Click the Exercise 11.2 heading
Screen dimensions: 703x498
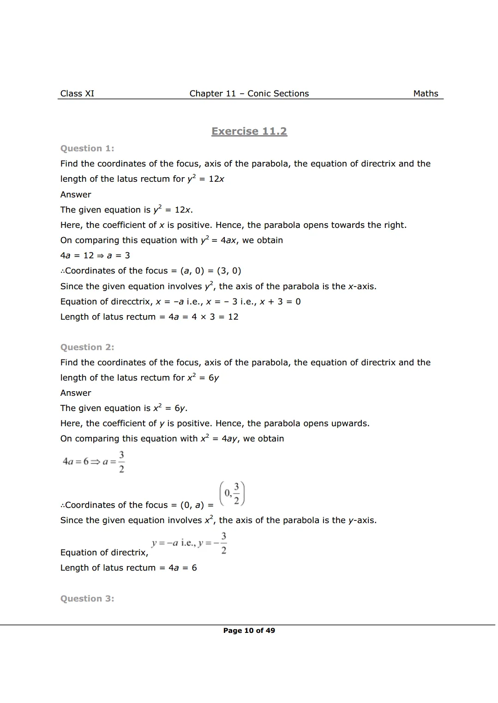[x=249, y=131]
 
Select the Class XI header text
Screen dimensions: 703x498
[x=77, y=94]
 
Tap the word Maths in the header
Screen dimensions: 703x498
[x=426, y=94]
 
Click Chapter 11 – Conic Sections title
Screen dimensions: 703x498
[x=249, y=94]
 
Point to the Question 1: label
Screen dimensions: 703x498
[x=87, y=149]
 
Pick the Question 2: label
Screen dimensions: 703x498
[x=87, y=347]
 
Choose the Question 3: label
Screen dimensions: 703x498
[x=87, y=599]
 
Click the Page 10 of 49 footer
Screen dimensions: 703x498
[x=249, y=631]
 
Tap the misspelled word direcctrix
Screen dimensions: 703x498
[x=132, y=302]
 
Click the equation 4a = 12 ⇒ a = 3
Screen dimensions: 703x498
[x=95, y=256]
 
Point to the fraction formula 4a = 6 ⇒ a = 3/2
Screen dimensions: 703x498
[x=94, y=462]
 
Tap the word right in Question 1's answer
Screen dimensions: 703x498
[x=395, y=225]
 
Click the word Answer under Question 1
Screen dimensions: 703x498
[x=76, y=195]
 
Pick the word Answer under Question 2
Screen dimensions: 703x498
[x=76, y=393]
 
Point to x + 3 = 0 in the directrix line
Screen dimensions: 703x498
[x=280, y=302]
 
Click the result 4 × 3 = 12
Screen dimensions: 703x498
[x=215, y=317]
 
